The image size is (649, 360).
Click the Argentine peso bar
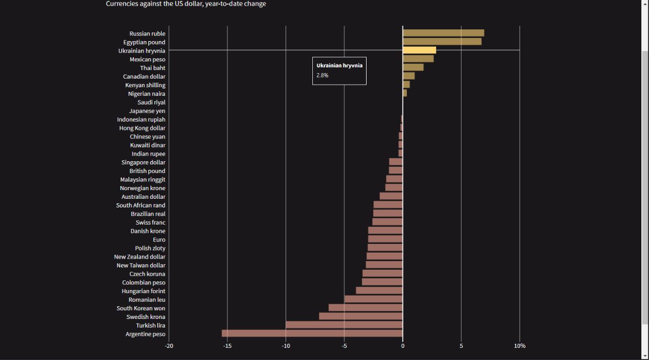click(312, 334)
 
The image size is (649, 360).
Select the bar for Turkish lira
click(344, 325)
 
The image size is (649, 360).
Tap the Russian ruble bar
click(443, 33)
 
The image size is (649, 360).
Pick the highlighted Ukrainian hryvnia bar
click(419, 50)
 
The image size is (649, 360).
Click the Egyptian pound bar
click(442, 42)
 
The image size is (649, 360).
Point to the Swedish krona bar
click(360, 316)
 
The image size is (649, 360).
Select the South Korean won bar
click(366, 308)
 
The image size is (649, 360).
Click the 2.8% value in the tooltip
click(322, 76)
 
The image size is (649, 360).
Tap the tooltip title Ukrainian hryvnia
click(339, 65)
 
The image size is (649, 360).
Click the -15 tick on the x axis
click(227, 346)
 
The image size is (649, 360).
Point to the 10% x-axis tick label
click(520, 346)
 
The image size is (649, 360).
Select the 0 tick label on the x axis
click(403, 346)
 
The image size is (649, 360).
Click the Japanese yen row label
click(147, 111)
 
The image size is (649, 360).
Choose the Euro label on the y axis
click(159, 240)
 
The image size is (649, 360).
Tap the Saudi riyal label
click(151, 102)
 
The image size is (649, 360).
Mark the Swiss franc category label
click(150, 223)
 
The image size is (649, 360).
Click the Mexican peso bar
click(418, 59)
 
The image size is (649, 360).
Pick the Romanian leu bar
click(373, 299)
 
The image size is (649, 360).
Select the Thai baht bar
click(413, 67)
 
